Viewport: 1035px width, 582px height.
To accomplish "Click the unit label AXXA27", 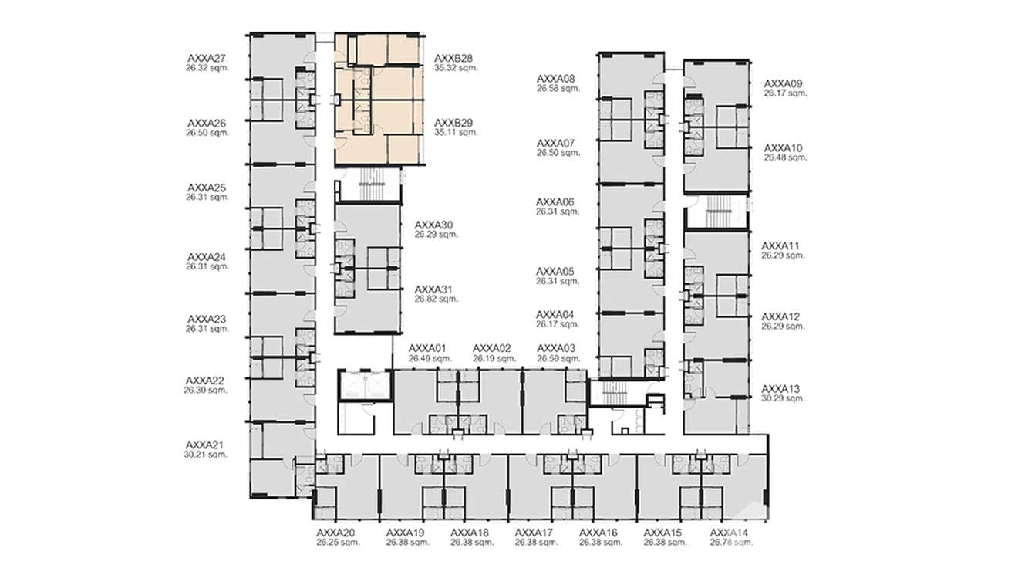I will pos(207,58).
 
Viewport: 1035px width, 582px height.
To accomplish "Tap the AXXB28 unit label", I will pos(453,58).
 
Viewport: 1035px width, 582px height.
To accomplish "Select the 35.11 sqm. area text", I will pos(456,132).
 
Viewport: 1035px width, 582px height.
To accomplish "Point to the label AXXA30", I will pos(433,225).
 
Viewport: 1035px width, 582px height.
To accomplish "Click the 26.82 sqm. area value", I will pos(436,299).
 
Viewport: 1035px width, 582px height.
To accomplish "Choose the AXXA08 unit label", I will pos(556,79).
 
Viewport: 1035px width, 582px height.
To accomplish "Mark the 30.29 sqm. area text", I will pos(783,398).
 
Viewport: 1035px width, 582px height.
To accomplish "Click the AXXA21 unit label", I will pos(204,445).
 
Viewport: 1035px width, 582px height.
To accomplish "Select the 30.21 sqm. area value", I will pos(206,455).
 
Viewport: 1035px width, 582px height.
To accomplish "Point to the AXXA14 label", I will pos(729,533).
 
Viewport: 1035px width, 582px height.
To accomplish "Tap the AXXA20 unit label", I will pos(335,533).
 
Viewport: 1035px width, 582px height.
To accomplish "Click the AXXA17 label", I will pos(534,533).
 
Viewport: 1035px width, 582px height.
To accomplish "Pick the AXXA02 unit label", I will pos(492,348).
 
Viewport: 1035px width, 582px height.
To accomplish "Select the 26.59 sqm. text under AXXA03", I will pos(558,358).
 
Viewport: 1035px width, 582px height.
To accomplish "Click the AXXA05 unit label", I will pos(556,272).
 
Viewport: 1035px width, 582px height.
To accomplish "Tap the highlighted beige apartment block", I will pos(378,99).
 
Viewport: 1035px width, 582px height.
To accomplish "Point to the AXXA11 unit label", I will pos(780,245).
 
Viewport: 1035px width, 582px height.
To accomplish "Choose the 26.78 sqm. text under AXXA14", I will pos(731,543).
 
